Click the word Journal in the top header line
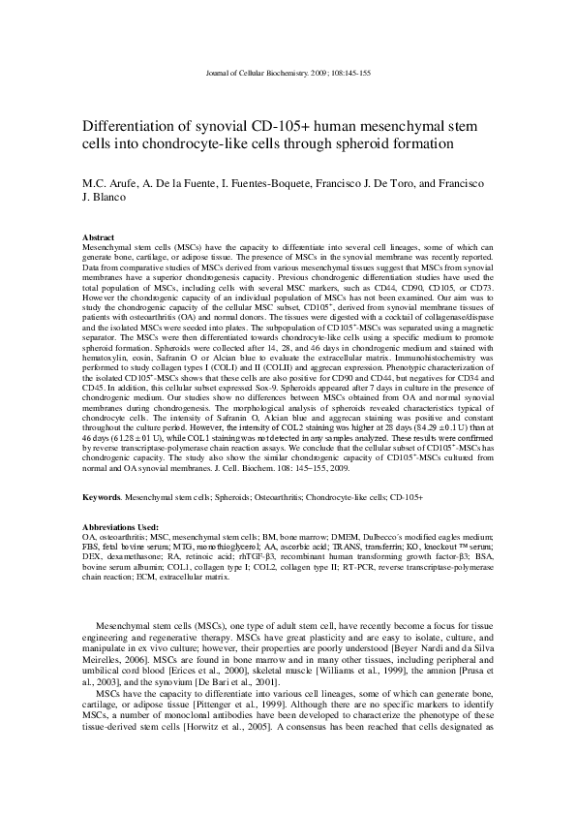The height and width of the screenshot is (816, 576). pyautogui.click(x=223, y=75)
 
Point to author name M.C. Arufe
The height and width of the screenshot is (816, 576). pyautogui.click(x=110, y=183)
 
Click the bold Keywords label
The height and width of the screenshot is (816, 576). pyautogui.click(x=103, y=496)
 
